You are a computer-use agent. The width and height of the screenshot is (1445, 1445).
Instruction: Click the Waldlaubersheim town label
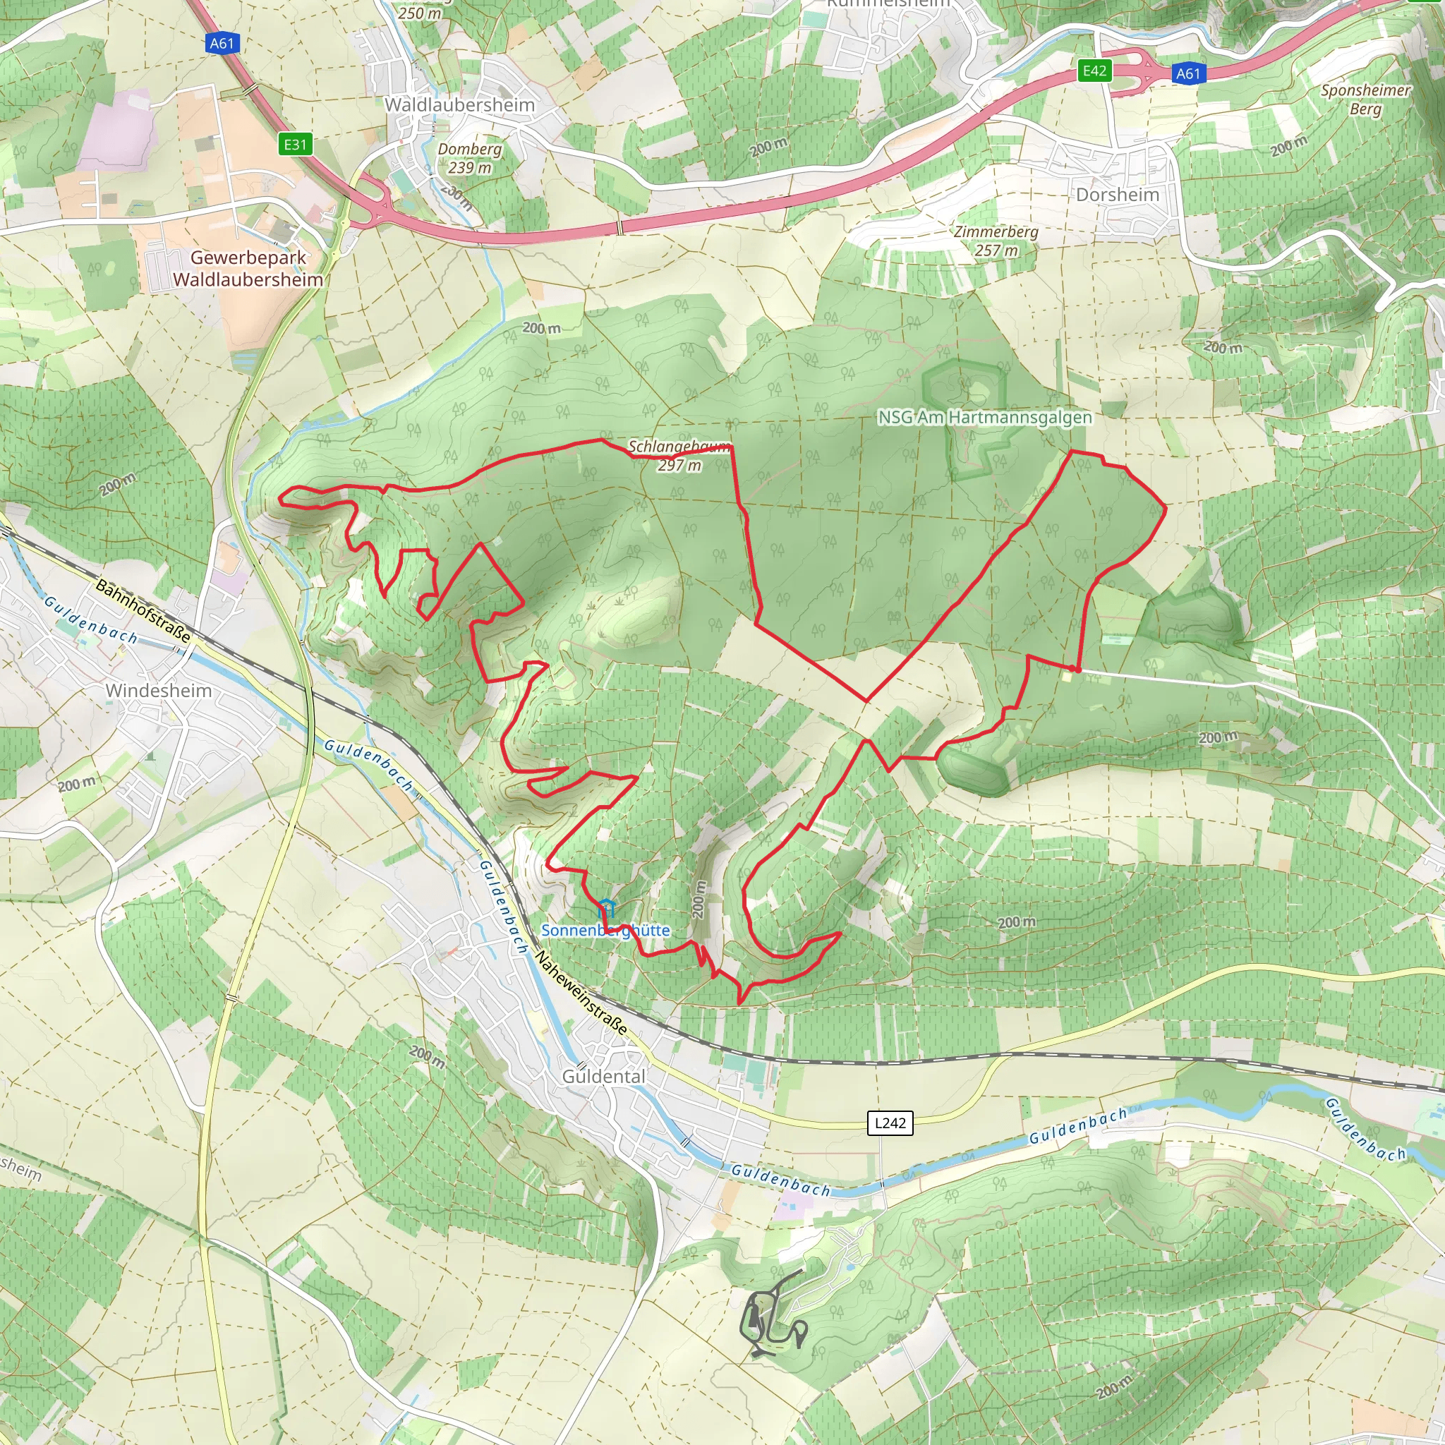pyautogui.click(x=459, y=104)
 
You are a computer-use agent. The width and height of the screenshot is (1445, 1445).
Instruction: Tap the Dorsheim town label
pyautogui.click(x=1118, y=195)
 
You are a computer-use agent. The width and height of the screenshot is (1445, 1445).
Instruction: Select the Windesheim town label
pyautogui.click(x=159, y=690)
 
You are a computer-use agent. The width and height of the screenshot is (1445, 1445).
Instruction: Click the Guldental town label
pyautogui.click(x=603, y=1076)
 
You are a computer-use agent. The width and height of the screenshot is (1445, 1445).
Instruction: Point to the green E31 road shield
pyautogui.click(x=296, y=145)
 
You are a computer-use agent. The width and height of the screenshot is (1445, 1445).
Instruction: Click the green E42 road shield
pyautogui.click(x=1094, y=71)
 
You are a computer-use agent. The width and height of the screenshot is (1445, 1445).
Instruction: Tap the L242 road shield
pyautogui.click(x=890, y=1123)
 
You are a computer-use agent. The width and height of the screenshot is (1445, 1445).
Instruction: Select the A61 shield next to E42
pyautogui.click(x=1187, y=73)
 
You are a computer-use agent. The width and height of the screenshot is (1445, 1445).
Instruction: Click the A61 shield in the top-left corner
pyautogui.click(x=222, y=43)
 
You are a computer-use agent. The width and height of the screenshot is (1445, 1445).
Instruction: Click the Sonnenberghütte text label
pyautogui.click(x=606, y=931)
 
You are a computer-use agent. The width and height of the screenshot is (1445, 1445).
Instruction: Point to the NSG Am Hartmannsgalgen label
pyautogui.click(x=984, y=418)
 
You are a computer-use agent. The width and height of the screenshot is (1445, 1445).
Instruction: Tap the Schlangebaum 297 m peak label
pyautogui.click(x=679, y=456)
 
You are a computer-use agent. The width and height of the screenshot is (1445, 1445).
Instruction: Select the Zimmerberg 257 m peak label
pyautogui.click(x=996, y=241)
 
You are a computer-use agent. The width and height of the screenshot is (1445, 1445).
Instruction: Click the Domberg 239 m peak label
pyautogui.click(x=470, y=158)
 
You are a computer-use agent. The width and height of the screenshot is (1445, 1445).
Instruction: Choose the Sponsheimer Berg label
pyautogui.click(x=1365, y=99)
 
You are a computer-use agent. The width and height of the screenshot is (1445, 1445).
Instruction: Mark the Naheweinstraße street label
pyautogui.click(x=581, y=996)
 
